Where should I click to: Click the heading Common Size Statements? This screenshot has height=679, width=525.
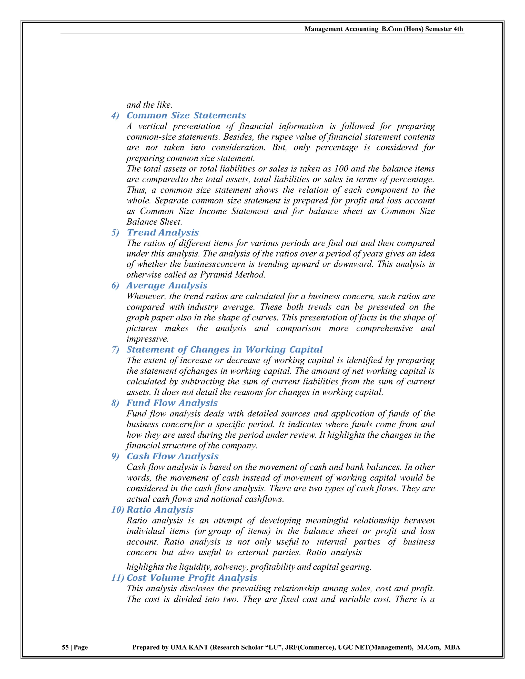pos(186,116)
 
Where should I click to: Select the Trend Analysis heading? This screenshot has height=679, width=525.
pos(163,233)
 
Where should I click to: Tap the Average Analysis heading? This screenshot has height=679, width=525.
pos(167,285)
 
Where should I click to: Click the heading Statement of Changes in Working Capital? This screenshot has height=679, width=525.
pos(224,349)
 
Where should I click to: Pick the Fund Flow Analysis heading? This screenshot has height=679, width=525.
pos(172,403)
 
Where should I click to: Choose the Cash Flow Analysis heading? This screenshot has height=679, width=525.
pos(172,456)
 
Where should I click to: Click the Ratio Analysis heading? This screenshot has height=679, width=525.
pos(160,510)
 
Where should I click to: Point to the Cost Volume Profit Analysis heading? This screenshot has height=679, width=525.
pos(191,578)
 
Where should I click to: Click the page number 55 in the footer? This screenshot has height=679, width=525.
pos(65,647)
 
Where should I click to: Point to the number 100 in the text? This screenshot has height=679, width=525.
pos(341,169)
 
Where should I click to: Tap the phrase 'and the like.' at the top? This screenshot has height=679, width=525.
pos(149,105)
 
